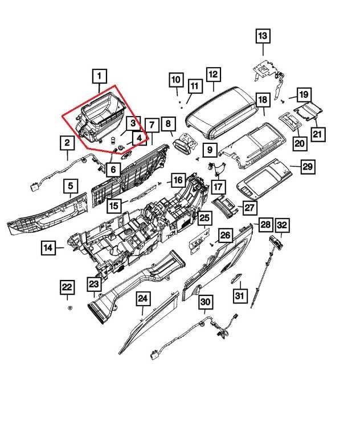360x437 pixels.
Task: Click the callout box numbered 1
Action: pyautogui.click(x=99, y=76)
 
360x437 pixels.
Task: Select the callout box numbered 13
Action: pyautogui.click(x=262, y=36)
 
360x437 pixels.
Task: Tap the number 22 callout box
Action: pyautogui.click(x=67, y=288)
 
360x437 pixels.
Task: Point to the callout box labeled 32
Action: pyautogui.click(x=282, y=225)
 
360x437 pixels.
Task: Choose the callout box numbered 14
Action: pyautogui.click(x=48, y=248)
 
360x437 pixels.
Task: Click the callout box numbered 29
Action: pyautogui.click(x=308, y=167)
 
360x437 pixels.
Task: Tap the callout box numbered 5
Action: pyautogui.click(x=71, y=185)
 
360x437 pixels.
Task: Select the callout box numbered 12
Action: pyautogui.click(x=212, y=75)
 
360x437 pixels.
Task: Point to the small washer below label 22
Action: pyautogui.click(x=69, y=307)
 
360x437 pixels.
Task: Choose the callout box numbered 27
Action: pyautogui.click(x=250, y=208)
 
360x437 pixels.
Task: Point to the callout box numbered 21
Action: pyautogui.click(x=317, y=134)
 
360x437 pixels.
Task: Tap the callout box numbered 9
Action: pyautogui.click(x=210, y=150)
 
